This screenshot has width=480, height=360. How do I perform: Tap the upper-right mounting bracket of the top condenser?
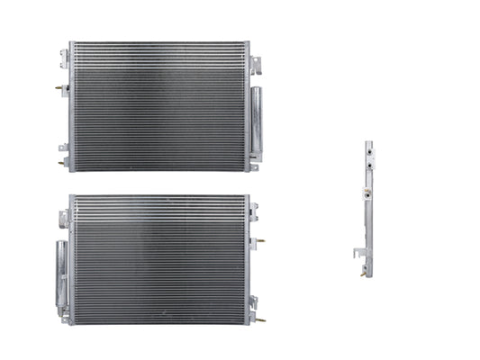255,65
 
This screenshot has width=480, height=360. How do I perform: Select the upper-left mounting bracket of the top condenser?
64,59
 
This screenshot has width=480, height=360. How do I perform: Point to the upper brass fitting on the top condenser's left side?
60,88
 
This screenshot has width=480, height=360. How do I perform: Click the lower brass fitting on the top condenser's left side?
61,164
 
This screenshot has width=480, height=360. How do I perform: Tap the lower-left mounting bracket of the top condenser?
64,148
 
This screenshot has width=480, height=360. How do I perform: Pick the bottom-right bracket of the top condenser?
254,166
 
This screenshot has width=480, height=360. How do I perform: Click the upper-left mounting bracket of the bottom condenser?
64,218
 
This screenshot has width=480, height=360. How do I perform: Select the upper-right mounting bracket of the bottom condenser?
254,213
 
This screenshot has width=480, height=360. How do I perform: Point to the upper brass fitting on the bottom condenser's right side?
259,241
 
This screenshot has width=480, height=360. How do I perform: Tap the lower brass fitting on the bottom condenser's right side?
260,319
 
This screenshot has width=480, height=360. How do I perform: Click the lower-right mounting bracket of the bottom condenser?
254,303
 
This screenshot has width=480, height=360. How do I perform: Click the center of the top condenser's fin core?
158,106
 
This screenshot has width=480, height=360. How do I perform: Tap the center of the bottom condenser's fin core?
159,259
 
